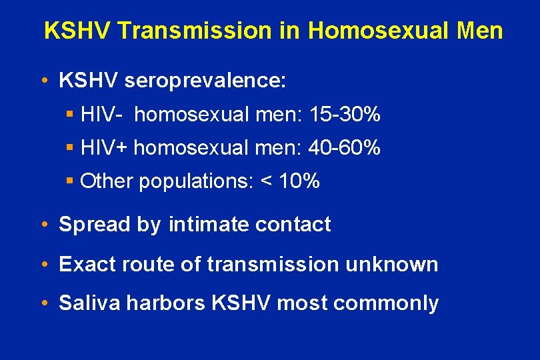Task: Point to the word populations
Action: pyautogui.click(x=193, y=181)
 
